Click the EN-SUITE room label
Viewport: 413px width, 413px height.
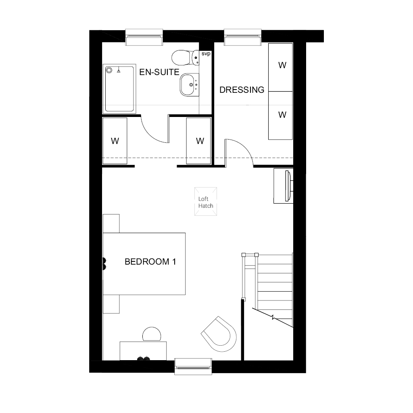159,72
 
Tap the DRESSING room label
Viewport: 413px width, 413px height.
242,90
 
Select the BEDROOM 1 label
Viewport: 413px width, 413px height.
150,261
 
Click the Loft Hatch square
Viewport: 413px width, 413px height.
206,202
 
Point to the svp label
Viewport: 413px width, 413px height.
206,54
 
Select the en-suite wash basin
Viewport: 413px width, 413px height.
190,85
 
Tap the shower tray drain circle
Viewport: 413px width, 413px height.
109,70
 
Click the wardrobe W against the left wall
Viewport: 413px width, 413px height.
115,141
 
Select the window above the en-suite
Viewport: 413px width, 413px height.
144,37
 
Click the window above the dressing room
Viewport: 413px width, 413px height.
243,37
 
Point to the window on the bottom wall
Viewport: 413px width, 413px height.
193,366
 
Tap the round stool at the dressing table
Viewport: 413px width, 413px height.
152,334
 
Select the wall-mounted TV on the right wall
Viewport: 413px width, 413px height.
288,186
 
